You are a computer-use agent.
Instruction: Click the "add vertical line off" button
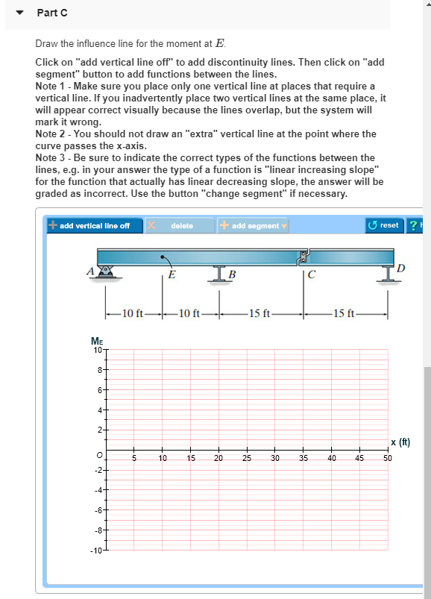[89, 225]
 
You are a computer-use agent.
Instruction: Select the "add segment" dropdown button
[252, 225]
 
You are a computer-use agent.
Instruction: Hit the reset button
[384, 225]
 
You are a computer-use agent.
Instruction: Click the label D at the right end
[402, 267]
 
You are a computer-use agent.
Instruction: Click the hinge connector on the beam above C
[303, 257]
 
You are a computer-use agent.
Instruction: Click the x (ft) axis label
[400, 442]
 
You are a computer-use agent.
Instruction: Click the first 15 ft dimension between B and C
[260, 313]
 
